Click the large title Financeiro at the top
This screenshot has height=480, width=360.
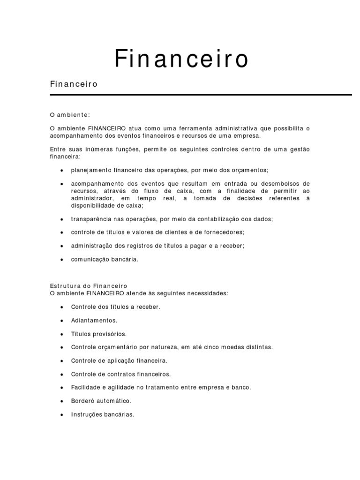(182, 60)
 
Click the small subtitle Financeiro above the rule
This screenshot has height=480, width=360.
(73, 84)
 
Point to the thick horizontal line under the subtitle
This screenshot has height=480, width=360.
(201, 95)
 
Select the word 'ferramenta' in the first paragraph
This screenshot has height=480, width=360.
(196, 128)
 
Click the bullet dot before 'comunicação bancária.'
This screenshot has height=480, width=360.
(62, 259)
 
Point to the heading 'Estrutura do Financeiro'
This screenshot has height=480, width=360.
(89, 285)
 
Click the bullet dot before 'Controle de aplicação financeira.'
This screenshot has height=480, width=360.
(62, 361)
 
